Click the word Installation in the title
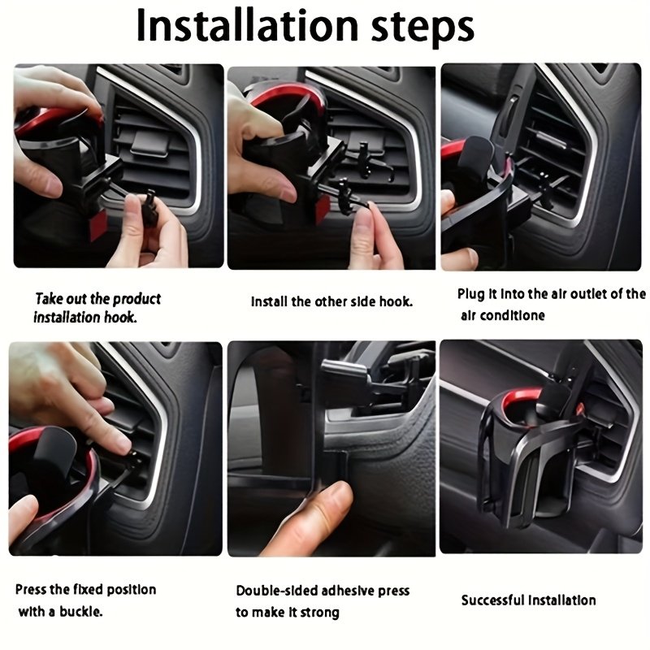point(247,26)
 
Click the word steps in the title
point(422,28)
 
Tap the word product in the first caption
point(136,299)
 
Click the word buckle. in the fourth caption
point(80,611)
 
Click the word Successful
point(492,600)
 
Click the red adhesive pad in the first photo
point(97,225)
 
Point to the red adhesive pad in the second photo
point(322,210)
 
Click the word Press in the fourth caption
point(30,590)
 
